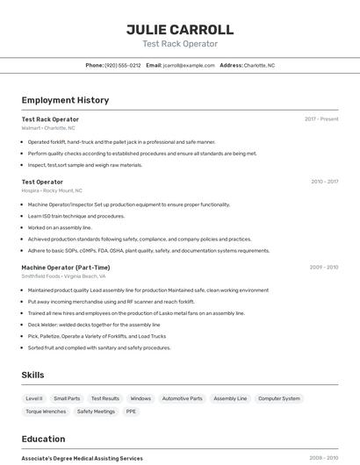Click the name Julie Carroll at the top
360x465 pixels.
pyautogui.click(x=180, y=29)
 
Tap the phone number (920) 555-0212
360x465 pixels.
pyautogui.click(x=122, y=65)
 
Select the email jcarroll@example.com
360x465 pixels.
pyautogui.click(x=189, y=65)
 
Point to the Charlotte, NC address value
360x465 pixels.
pyautogui.click(x=259, y=65)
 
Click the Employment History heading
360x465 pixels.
pyautogui.click(x=65, y=101)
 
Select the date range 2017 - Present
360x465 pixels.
pyautogui.click(x=321, y=119)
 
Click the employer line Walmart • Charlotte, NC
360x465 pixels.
pyautogui.click(x=48, y=128)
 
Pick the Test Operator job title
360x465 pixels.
pyautogui.click(x=42, y=182)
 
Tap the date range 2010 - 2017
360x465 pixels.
pyautogui.click(x=324, y=182)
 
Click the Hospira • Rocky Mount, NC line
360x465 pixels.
pyautogui.click(x=52, y=190)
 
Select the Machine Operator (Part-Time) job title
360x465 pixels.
pyautogui.click(x=66, y=267)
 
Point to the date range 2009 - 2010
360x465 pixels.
pyautogui.click(x=324, y=267)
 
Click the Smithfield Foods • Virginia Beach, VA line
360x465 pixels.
pyautogui.click(x=63, y=275)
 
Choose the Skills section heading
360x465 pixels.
pyautogui.click(x=32, y=375)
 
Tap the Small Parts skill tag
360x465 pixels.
pyautogui.click(x=67, y=398)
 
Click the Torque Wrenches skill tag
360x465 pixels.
pyautogui.click(x=46, y=411)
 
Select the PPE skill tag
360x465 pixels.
pyautogui.click(x=131, y=411)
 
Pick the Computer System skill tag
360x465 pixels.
pyautogui.click(x=278, y=398)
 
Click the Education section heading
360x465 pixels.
pyautogui.click(x=43, y=439)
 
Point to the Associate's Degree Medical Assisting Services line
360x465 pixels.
pyautogui.click(x=82, y=458)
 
